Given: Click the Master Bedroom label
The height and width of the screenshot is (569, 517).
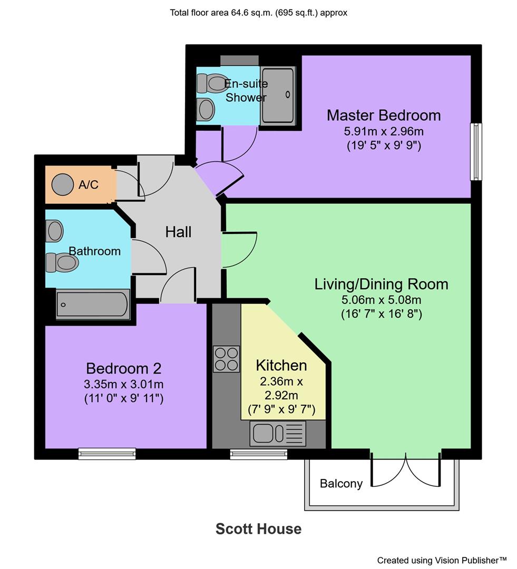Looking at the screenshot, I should [x=383, y=115].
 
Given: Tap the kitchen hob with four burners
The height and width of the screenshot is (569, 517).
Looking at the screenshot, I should [x=226, y=359].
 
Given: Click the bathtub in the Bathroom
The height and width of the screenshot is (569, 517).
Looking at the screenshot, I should [x=93, y=304].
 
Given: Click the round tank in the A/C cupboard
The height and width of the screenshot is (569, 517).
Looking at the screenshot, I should [x=63, y=184].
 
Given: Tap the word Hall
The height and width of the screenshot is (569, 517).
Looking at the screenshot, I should [x=178, y=232].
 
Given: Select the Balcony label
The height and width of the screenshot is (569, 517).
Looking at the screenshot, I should [x=341, y=484].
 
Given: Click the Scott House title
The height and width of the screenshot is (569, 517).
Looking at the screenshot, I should [x=258, y=529].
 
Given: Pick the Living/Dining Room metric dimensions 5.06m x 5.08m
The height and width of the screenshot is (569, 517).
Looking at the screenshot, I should [x=381, y=300].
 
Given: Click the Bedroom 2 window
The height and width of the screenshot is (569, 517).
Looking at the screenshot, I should [x=107, y=454].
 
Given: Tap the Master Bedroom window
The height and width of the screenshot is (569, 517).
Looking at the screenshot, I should [x=476, y=152].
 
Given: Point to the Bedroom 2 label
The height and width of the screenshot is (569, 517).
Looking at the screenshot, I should [x=123, y=368].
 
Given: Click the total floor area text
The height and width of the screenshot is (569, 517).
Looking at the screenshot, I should [x=258, y=13].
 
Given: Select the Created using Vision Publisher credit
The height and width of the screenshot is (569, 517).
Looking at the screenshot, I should [x=442, y=560].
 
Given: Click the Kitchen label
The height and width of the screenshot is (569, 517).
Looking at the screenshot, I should [x=281, y=365].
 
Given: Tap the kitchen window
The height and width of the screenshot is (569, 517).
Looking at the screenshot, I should [x=259, y=454].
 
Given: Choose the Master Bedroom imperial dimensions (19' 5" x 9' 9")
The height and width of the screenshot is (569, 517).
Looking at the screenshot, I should [x=383, y=145].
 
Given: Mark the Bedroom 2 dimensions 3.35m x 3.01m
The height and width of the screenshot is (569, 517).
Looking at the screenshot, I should [x=123, y=384].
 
